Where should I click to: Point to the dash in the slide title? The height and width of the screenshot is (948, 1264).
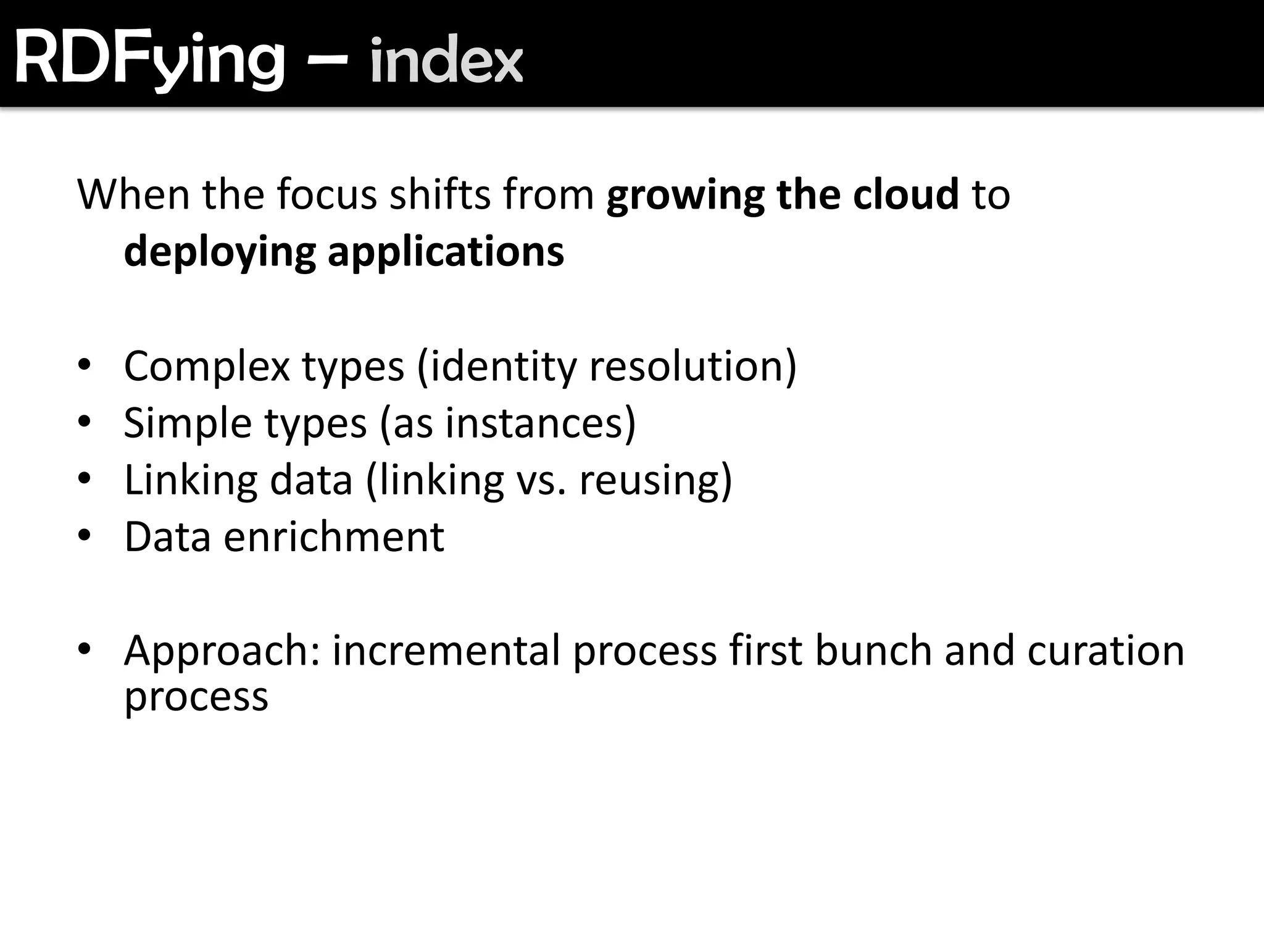[x=327, y=60]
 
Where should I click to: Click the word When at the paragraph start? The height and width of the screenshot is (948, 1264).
[x=133, y=194]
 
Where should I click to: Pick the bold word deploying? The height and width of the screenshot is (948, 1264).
[x=220, y=253]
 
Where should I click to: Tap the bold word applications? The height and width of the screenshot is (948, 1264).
[x=446, y=253]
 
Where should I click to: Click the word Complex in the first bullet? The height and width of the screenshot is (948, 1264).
[x=207, y=367]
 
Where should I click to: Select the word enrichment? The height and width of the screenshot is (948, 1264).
[x=334, y=537]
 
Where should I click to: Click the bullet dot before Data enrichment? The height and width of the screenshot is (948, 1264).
[x=85, y=534]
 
